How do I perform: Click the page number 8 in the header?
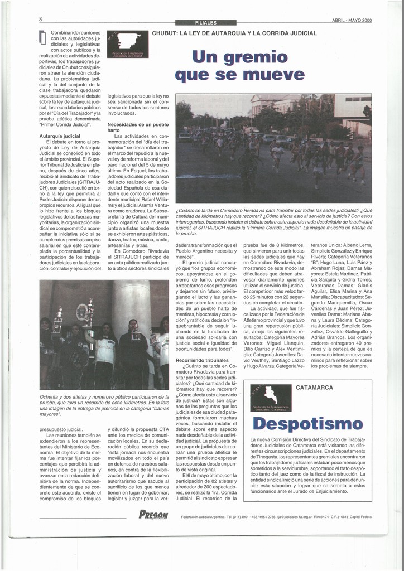41,19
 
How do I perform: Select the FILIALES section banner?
206,23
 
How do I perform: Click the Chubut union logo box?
128,44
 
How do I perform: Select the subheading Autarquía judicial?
60,136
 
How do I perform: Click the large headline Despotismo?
307,423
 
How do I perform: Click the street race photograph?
273,148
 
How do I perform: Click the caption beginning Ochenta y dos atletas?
104,405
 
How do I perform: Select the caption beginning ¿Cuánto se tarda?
273,221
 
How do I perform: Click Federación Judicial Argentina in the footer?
209,516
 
